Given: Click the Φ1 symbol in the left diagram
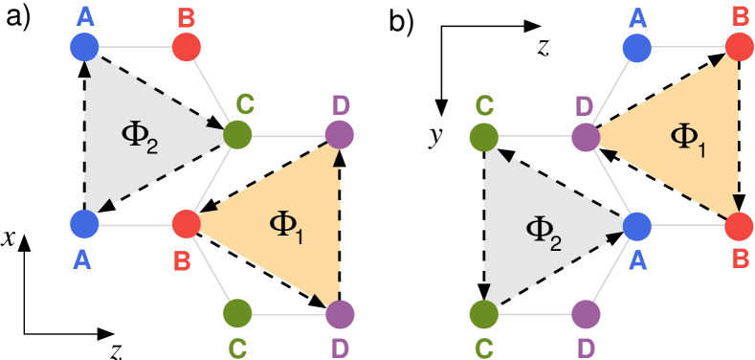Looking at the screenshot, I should point(285,226).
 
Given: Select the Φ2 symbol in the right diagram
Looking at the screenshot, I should point(543,229).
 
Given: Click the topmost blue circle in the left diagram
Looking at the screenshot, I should point(84,45).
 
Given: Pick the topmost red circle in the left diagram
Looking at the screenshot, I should point(186,45).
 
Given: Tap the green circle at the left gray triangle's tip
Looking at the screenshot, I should point(237,134).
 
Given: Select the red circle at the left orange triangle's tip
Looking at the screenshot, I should point(186,224).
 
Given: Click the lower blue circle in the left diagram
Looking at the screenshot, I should point(84,224).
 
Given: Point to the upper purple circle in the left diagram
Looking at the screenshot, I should point(339,134).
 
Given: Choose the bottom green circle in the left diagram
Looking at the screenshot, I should point(237,313).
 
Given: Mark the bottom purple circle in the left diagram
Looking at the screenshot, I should point(339,313).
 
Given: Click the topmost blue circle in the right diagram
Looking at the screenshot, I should point(636,45).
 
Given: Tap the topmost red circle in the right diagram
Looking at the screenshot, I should point(738,45).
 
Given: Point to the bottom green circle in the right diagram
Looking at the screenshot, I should point(484,313).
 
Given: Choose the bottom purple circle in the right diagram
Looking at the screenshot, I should point(586,313).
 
